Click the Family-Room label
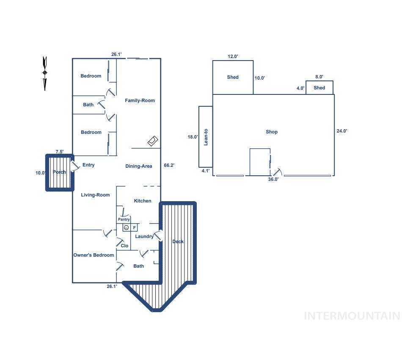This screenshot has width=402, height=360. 140,100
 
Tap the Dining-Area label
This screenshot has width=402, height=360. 139,166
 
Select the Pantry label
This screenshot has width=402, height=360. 124,219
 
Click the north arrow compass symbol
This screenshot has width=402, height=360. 44,73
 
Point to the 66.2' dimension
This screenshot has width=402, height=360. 169,165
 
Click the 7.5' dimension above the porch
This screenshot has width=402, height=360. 60,152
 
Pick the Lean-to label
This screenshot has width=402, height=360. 206,137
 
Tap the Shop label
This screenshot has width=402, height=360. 272,132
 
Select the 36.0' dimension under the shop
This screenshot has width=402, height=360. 273,179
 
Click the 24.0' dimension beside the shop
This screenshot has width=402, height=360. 342,131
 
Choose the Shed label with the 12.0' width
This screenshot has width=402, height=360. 233,77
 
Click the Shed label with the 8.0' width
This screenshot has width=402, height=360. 319,88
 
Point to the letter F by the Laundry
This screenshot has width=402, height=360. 134,227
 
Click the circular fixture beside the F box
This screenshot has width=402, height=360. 126,227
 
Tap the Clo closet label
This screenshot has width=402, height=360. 124,246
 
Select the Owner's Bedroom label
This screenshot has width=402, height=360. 94,255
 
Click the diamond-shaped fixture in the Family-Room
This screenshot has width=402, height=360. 153,141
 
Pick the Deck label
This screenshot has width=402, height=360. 178,241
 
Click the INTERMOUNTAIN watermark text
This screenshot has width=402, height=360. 352,316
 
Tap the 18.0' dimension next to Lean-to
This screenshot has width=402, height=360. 193,137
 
